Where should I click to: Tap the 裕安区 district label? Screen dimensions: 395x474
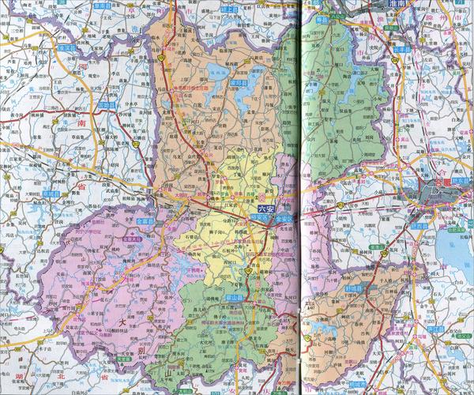(258, 217)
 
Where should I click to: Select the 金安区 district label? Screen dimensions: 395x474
(284, 217)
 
